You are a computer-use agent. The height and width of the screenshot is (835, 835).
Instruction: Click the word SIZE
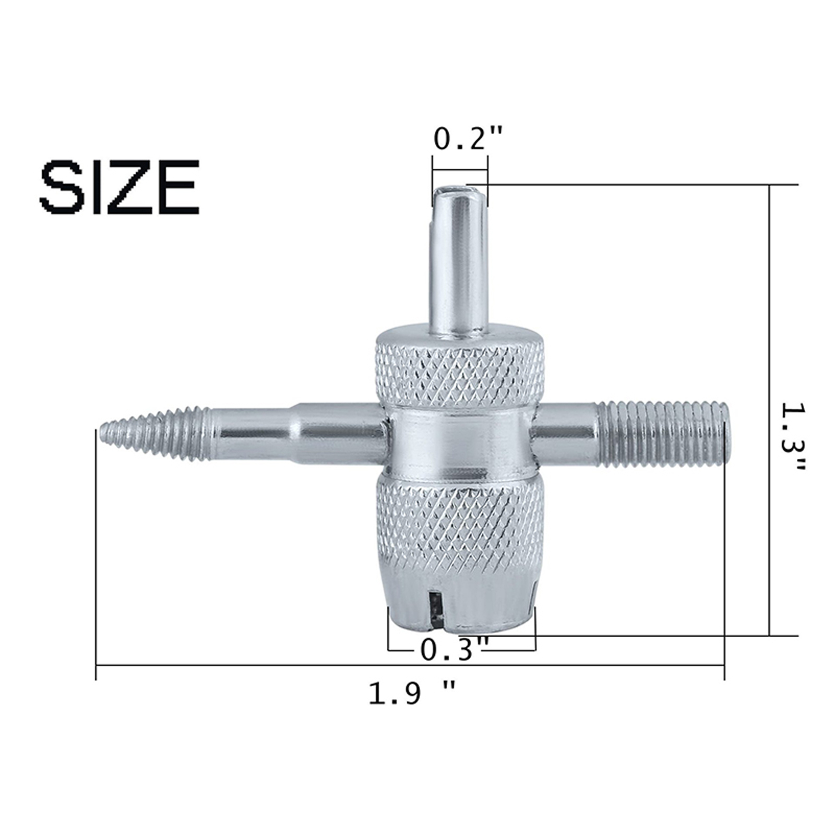click(120, 187)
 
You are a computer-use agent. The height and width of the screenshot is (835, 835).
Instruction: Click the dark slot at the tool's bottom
click(434, 610)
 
